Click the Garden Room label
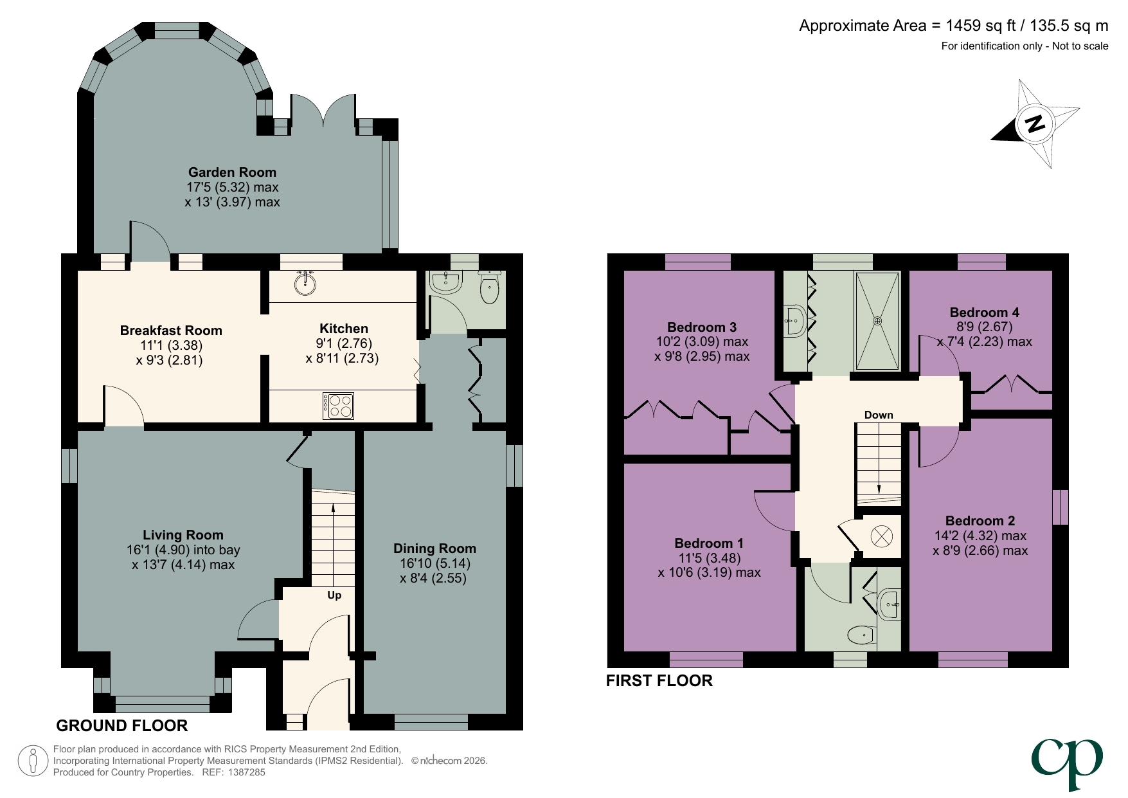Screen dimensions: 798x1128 (232, 172)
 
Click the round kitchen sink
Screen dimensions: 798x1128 (306, 283)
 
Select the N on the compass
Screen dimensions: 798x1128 (1034, 123)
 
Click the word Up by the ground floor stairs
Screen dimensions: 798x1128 (334, 595)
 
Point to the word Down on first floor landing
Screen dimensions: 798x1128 (878, 415)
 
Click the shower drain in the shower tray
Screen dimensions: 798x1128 (877, 320)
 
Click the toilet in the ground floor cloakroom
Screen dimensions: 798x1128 (489, 290)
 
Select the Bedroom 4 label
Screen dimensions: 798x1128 (984, 313)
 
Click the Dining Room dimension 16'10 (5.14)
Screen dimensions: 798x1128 (434, 563)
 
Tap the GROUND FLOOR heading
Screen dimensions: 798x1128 (122, 726)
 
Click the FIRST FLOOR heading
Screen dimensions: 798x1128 (659, 681)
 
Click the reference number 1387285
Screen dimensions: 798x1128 (243, 772)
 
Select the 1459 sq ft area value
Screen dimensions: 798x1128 (981, 26)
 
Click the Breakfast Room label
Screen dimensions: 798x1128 (171, 331)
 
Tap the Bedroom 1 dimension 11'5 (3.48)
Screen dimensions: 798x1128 (709, 558)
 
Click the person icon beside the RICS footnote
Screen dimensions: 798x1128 (32, 761)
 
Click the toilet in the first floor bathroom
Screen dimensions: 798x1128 (861, 636)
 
